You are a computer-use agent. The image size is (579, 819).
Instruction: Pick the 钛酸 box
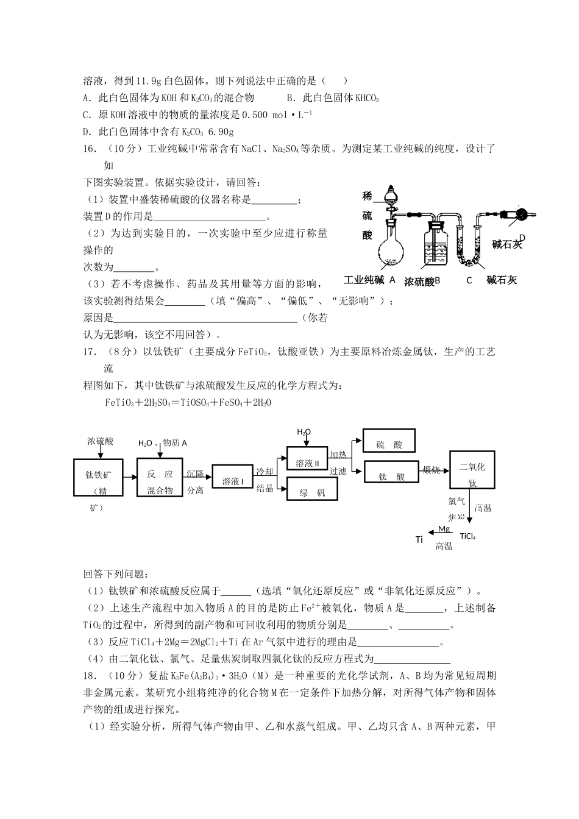tap(391, 476)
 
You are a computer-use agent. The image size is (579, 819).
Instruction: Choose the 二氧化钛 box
tap(472, 469)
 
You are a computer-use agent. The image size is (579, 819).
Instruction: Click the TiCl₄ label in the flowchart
tap(467, 536)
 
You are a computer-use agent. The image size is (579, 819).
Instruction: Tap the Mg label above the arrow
tap(444, 528)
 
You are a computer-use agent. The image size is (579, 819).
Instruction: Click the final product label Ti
tap(419, 540)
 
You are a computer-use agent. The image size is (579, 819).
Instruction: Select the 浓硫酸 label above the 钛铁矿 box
tap(100, 441)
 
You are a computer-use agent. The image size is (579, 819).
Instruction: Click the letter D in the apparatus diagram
tap(522, 237)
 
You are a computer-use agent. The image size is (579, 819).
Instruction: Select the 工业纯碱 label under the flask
tap(364, 280)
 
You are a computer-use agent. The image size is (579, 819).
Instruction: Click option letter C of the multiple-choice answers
tap(86, 115)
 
